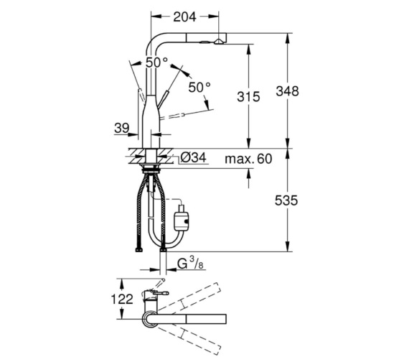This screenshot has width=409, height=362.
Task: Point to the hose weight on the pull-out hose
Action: coord(182,216)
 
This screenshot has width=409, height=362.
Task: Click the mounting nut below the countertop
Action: coord(150,170)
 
